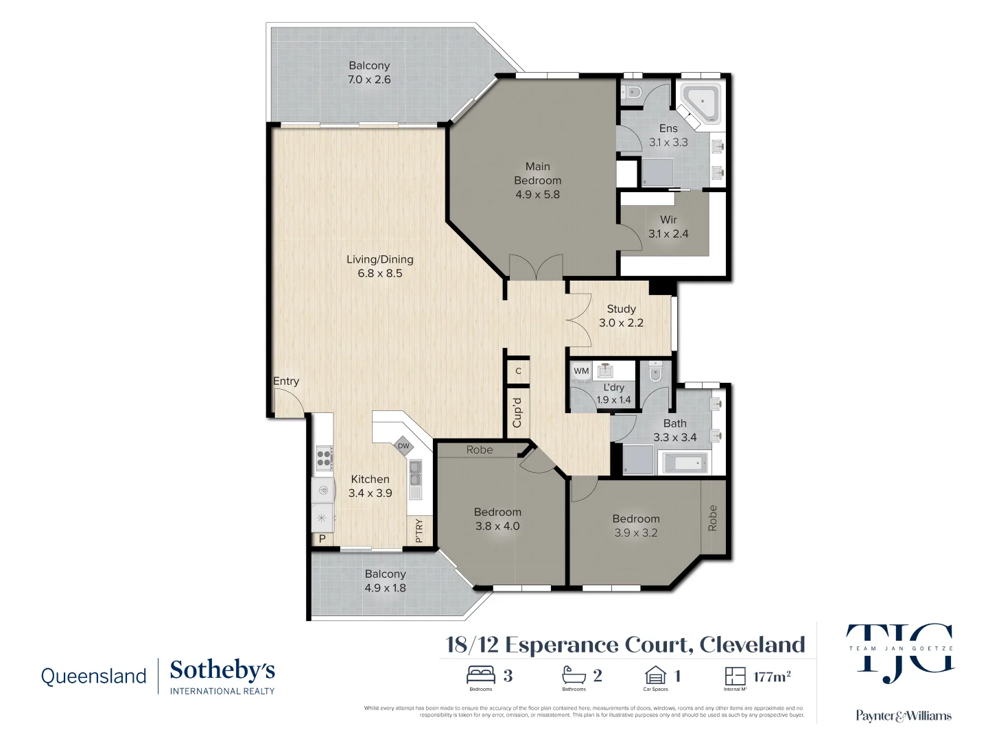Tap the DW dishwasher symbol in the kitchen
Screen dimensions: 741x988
point(403,447)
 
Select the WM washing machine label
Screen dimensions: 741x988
point(581,371)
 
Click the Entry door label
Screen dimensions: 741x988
point(286,381)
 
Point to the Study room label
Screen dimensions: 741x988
point(621,309)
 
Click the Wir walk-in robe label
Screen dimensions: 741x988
point(668,220)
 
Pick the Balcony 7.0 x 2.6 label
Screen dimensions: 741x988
point(369,73)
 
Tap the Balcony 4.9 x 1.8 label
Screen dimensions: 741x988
point(385,581)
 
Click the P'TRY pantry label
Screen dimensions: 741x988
point(419,531)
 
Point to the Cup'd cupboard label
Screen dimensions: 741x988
point(517,413)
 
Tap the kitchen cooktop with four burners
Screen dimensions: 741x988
point(324,458)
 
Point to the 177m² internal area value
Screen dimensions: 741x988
point(772,677)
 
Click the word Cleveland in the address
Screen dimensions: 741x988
point(752,645)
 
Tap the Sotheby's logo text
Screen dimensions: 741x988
point(222,671)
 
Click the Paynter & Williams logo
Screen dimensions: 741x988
point(903,716)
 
